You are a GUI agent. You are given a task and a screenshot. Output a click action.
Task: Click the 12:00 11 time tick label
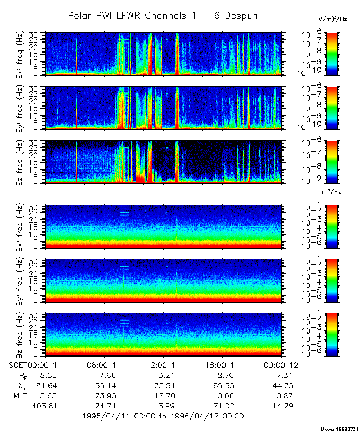click(x=163, y=365)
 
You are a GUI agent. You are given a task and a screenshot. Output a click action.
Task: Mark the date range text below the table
click(x=163, y=416)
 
